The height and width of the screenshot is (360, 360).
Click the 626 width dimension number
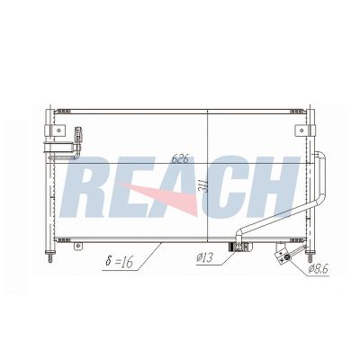click(180, 158)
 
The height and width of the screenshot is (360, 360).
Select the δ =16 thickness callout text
click(119, 261)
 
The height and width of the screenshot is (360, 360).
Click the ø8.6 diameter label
click(319, 269)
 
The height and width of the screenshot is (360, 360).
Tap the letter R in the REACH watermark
click(87, 186)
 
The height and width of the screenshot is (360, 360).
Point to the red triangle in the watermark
click(168, 196)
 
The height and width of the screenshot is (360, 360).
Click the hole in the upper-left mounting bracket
click(58, 130)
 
